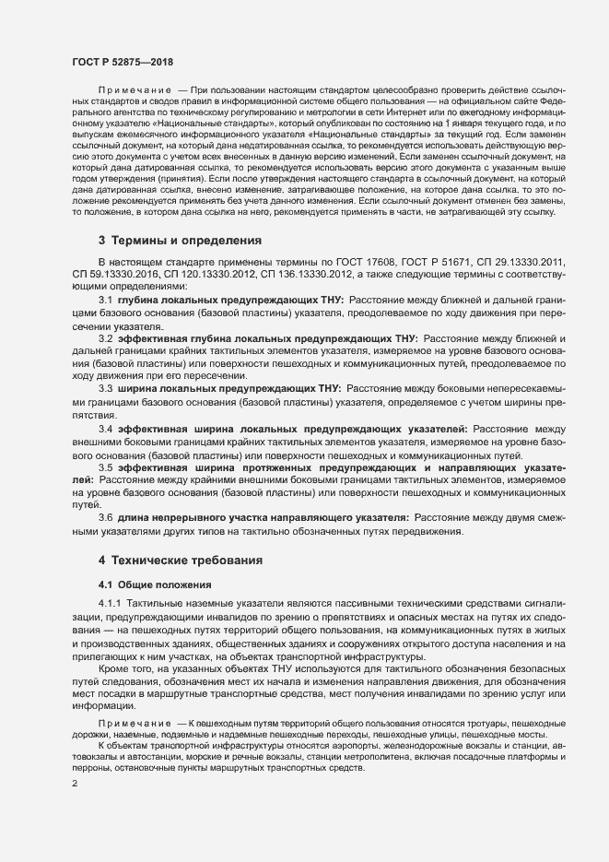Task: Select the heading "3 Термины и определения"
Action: pos(181,240)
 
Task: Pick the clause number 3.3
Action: pos(105,387)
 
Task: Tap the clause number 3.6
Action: pos(105,518)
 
